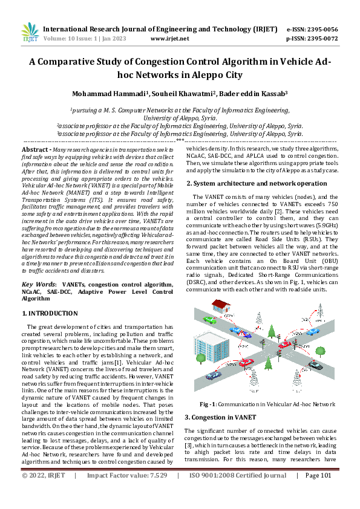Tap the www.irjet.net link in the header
[169, 38]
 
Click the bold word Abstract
[36, 149]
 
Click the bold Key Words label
[39, 283]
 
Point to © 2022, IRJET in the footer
[44, 493]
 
